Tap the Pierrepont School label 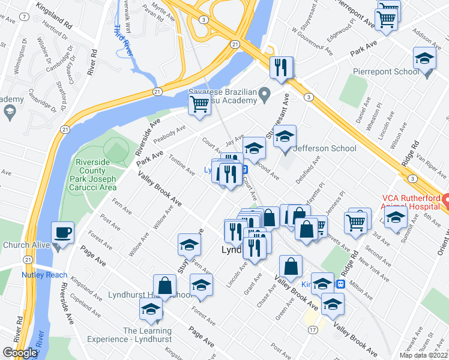click(x=390, y=72)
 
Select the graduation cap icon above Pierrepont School click(x=424, y=59)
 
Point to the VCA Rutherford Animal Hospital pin click(x=446, y=199)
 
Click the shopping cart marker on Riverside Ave click(x=199, y=104)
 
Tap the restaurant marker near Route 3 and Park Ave click(x=280, y=68)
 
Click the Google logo click(x=20, y=353)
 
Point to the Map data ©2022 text click(x=423, y=355)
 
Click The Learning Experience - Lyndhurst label click(x=148, y=335)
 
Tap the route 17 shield click(x=313, y=330)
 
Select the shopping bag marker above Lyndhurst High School click(x=164, y=286)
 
